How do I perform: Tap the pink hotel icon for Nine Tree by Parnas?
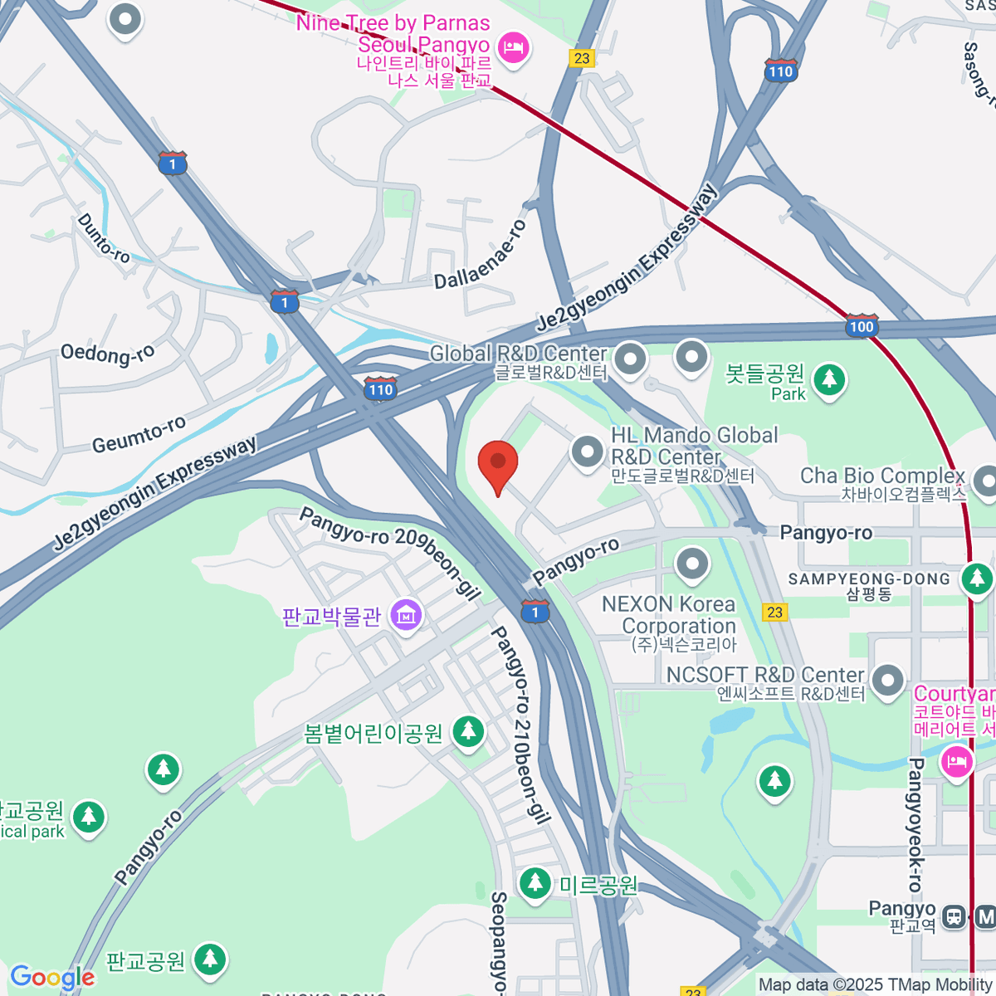tap(514, 46)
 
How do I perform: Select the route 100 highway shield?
tap(861, 325)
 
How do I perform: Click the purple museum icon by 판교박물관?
tap(406, 615)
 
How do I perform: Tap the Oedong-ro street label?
tap(107, 354)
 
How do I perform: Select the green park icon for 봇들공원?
tap(829, 380)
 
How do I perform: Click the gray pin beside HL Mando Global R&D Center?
tap(588, 452)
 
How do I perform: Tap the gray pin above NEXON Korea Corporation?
tap(692, 564)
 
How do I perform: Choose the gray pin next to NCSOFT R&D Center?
tap(887, 680)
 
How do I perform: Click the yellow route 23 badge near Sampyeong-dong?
tap(774, 612)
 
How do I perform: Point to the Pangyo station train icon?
tap(954, 916)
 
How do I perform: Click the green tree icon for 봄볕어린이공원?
tap(468, 732)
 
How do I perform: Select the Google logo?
tap(52, 978)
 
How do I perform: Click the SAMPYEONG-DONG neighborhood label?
tap(869, 579)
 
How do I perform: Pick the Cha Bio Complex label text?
tap(882, 476)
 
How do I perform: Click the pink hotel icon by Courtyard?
tap(956, 760)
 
